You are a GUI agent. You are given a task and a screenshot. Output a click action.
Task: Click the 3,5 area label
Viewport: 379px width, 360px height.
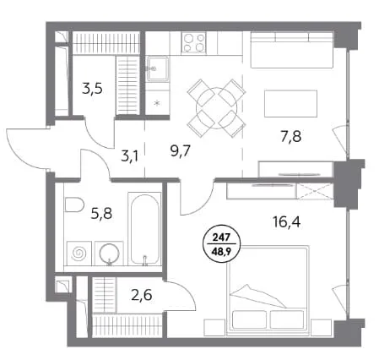point(92,89)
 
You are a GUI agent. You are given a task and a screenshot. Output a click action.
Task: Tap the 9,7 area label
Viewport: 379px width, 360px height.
point(181,151)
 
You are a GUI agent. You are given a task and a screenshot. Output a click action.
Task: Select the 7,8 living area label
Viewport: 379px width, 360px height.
point(291,137)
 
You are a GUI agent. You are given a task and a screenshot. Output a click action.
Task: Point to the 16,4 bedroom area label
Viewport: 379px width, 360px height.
point(287,222)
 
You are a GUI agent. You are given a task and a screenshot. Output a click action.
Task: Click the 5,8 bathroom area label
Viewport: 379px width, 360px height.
point(101,214)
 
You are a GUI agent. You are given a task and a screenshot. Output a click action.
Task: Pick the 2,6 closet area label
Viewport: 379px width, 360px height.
point(142,295)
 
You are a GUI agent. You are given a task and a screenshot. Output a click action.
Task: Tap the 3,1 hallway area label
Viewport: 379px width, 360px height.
point(129,156)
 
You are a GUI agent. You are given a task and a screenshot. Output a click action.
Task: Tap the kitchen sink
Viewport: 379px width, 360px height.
point(158,68)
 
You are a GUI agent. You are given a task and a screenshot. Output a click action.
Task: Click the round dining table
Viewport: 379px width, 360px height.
point(216,108)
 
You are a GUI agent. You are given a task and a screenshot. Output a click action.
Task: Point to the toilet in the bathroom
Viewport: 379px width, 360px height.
point(74,205)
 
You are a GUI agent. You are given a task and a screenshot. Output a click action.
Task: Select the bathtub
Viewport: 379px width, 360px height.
point(144,229)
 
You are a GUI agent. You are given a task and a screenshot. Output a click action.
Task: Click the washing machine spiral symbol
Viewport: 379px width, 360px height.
point(79,254)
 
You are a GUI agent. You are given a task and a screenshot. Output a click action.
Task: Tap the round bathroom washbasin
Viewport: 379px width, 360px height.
point(110,254)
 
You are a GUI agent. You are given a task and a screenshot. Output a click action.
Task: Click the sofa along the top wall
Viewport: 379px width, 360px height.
point(292,50)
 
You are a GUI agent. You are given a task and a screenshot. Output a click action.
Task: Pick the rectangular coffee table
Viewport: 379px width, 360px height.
point(290,103)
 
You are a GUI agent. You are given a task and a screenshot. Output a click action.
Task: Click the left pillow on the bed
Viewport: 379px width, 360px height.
point(249,319)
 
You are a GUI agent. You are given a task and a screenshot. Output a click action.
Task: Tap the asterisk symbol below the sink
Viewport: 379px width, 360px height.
point(157,103)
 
